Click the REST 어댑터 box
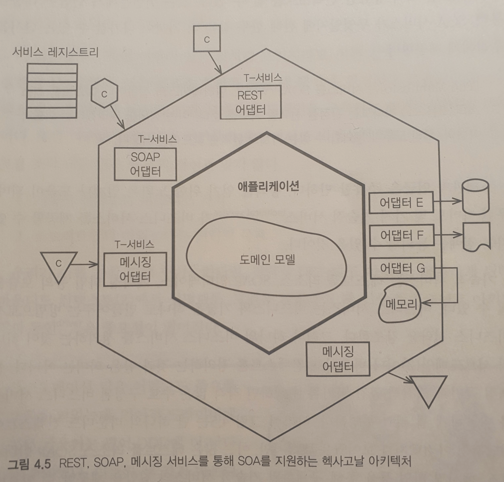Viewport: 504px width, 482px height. (251, 102)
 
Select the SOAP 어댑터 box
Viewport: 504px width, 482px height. (145, 164)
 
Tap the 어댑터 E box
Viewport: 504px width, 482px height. (401, 203)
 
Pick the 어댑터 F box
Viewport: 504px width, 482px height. (401, 235)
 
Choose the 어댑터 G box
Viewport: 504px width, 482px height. (402, 268)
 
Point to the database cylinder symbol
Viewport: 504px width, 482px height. (475, 197)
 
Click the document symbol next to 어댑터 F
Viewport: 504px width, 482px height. (476, 236)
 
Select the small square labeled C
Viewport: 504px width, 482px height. (207, 39)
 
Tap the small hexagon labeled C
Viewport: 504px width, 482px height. (104, 94)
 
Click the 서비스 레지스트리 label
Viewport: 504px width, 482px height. (55, 52)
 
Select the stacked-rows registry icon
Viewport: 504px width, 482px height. (52, 91)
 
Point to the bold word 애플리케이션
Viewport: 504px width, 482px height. (268, 186)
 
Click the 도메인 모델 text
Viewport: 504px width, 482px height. (267, 260)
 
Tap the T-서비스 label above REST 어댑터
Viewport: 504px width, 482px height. (263, 78)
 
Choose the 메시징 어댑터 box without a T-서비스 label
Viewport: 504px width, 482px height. (338, 359)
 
